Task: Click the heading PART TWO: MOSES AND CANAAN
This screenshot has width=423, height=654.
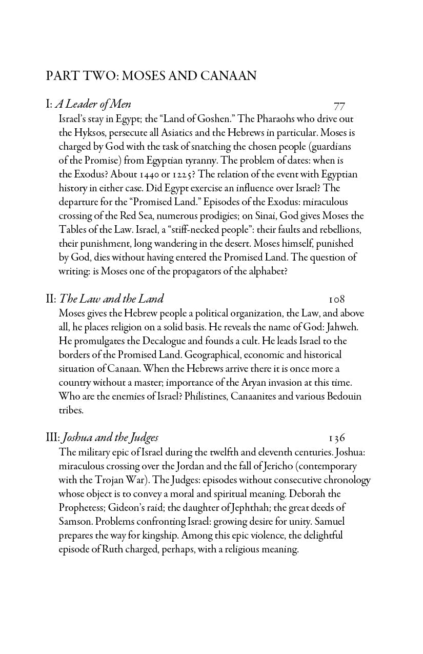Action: (x=151, y=76)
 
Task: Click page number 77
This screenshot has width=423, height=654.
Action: (x=339, y=106)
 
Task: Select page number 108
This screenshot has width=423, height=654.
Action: (x=337, y=299)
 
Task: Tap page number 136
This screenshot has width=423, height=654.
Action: (x=337, y=438)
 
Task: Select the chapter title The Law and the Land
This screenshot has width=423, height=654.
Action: (x=111, y=299)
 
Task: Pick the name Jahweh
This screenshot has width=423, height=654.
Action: (x=341, y=327)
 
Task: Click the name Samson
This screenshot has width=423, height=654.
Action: (x=76, y=522)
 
